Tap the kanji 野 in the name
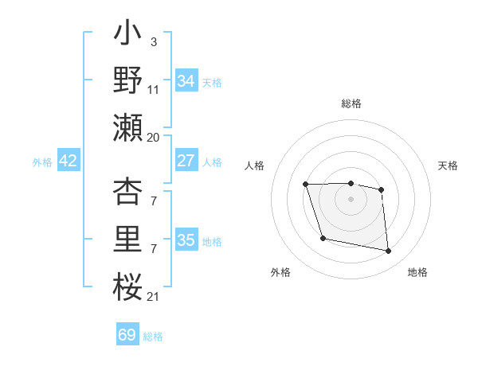pos(128,81)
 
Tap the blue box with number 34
pos(186,81)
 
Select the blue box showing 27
pos(186,161)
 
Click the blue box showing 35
pos(186,240)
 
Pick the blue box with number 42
pos(69,161)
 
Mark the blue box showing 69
pos(127,335)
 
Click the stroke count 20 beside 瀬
pos(153,137)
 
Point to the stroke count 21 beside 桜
pos(153,296)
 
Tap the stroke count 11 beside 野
pos(154,91)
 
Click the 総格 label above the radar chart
pos(351,103)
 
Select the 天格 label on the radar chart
pos(449,166)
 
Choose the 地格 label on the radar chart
pos(417,272)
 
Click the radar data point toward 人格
pos(306,185)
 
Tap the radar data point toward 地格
pos(389,251)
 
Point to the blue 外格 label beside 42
pos(42,162)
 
